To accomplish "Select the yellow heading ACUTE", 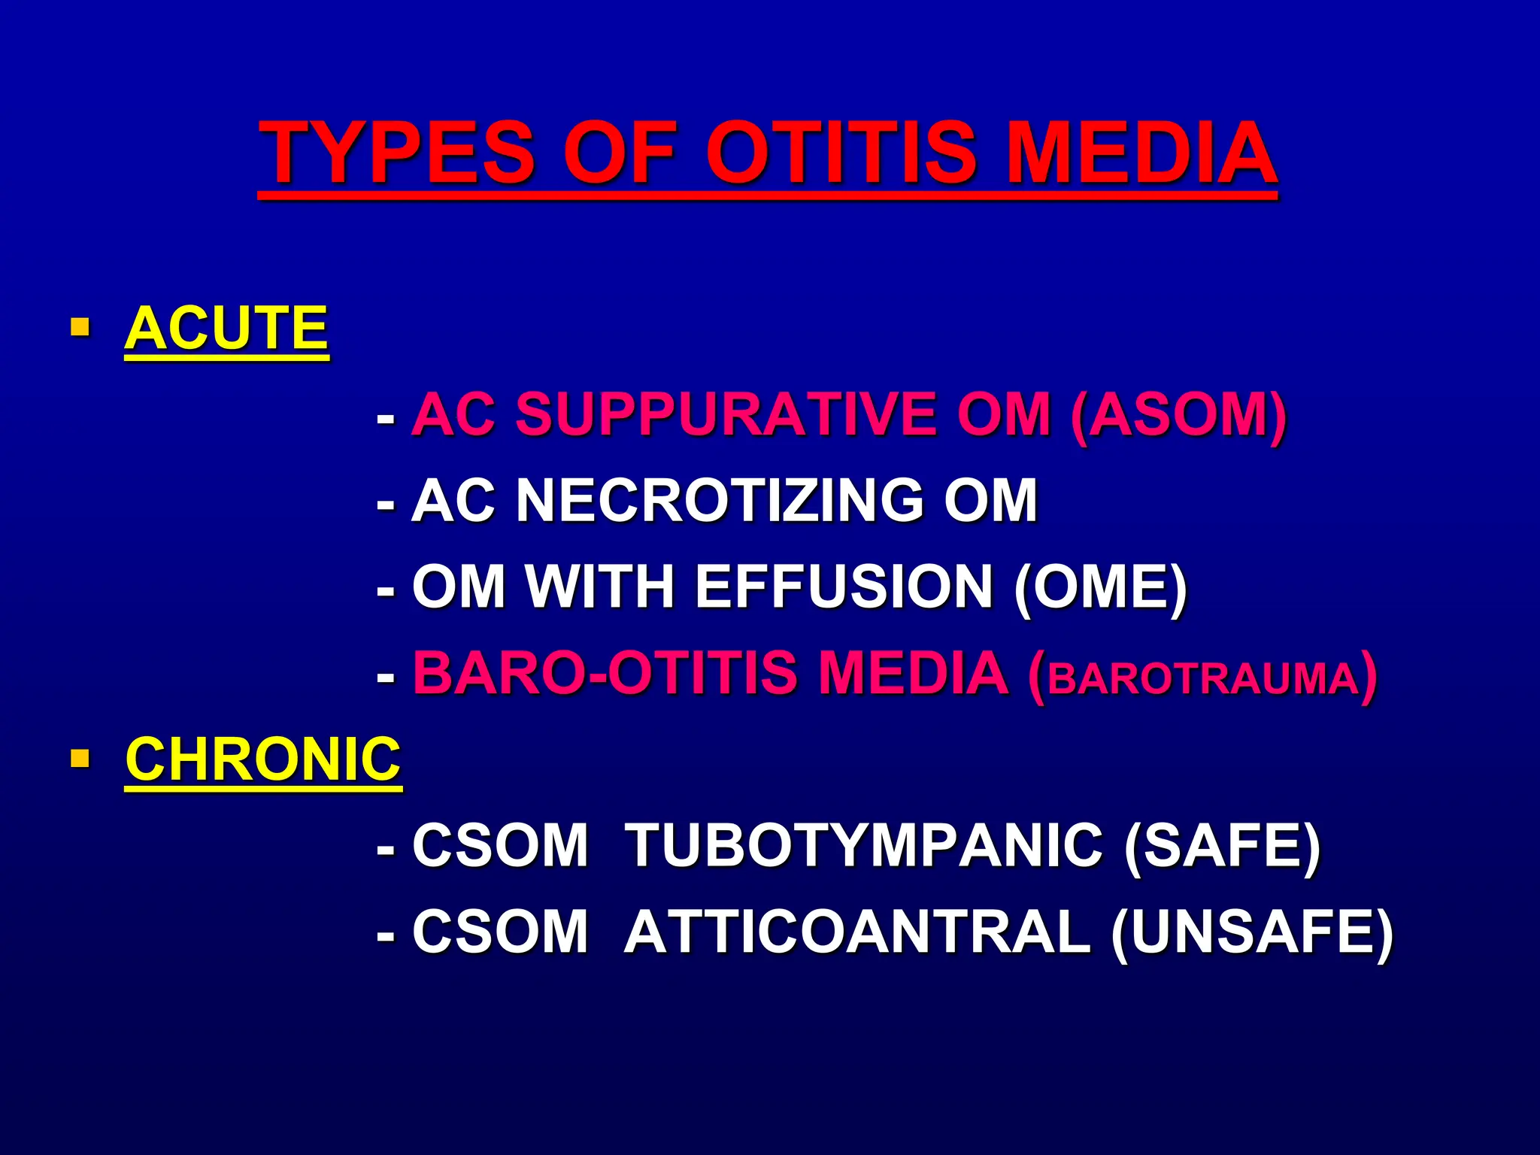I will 226,329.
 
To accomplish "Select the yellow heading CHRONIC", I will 263,759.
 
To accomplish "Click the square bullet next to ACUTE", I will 80,327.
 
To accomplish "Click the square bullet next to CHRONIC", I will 80,757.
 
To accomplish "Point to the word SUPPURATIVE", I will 726,414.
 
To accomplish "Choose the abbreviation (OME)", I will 1101,587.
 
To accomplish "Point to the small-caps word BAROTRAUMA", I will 1202,678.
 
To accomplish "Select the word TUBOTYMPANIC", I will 864,845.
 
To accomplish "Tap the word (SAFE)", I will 1221,845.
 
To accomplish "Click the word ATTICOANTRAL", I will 856,932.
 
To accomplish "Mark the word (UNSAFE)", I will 1252,932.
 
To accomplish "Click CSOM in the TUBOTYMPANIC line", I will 500,845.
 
